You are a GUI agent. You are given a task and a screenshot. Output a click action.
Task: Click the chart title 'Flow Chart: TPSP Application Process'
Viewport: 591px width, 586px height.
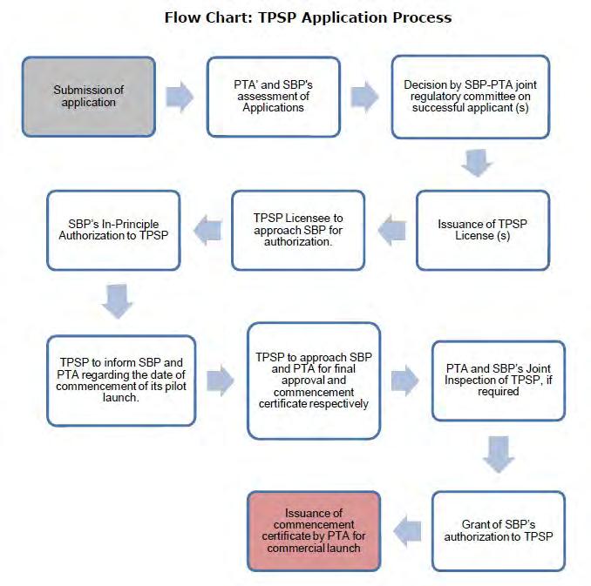pos(308,17)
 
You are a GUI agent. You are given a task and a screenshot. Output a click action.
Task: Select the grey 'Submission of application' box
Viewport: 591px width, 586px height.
pos(89,97)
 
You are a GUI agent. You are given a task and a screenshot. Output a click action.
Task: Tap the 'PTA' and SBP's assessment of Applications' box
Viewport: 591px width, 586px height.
pos(273,97)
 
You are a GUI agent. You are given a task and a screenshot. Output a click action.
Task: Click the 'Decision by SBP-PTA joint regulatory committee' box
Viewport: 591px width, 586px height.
pos(471,97)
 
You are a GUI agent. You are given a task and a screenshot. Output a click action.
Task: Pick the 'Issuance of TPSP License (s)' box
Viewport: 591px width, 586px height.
pos(483,230)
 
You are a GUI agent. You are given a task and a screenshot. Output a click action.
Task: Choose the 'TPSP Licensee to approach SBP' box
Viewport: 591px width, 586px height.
pos(298,230)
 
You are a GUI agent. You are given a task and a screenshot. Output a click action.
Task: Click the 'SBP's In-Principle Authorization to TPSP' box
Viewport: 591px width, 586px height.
pos(113,230)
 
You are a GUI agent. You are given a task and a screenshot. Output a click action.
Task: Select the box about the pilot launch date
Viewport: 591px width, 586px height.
pos(121,381)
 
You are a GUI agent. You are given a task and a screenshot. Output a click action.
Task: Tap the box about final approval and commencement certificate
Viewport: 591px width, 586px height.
pos(314,381)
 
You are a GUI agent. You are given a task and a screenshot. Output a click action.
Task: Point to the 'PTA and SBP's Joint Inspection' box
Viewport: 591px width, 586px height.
pos(499,381)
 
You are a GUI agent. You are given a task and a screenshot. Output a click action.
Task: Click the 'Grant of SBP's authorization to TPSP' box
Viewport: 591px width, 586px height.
pos(499,531)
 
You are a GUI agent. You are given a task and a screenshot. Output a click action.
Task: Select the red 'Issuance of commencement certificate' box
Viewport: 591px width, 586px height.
pos(314,531)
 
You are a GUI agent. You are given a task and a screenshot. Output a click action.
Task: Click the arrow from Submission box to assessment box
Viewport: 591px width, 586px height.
pos(180,97)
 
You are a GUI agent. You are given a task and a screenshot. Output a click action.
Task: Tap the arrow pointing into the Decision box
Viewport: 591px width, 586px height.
pos(365,97)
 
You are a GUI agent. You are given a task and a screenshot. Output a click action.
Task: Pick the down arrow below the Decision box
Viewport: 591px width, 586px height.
pos(477,163)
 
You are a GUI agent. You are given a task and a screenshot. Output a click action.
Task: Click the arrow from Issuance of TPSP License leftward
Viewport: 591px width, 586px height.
pos(392,230)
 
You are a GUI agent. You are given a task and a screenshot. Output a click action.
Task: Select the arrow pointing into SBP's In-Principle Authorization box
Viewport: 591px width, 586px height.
pos(207,230)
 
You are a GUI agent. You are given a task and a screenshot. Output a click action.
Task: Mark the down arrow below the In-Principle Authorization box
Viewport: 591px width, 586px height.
pos(117,301)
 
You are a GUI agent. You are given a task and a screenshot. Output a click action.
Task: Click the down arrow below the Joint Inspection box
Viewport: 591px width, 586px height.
pos(499,455)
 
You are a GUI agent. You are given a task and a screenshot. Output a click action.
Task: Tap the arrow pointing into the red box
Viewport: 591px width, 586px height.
pos(407,531)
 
